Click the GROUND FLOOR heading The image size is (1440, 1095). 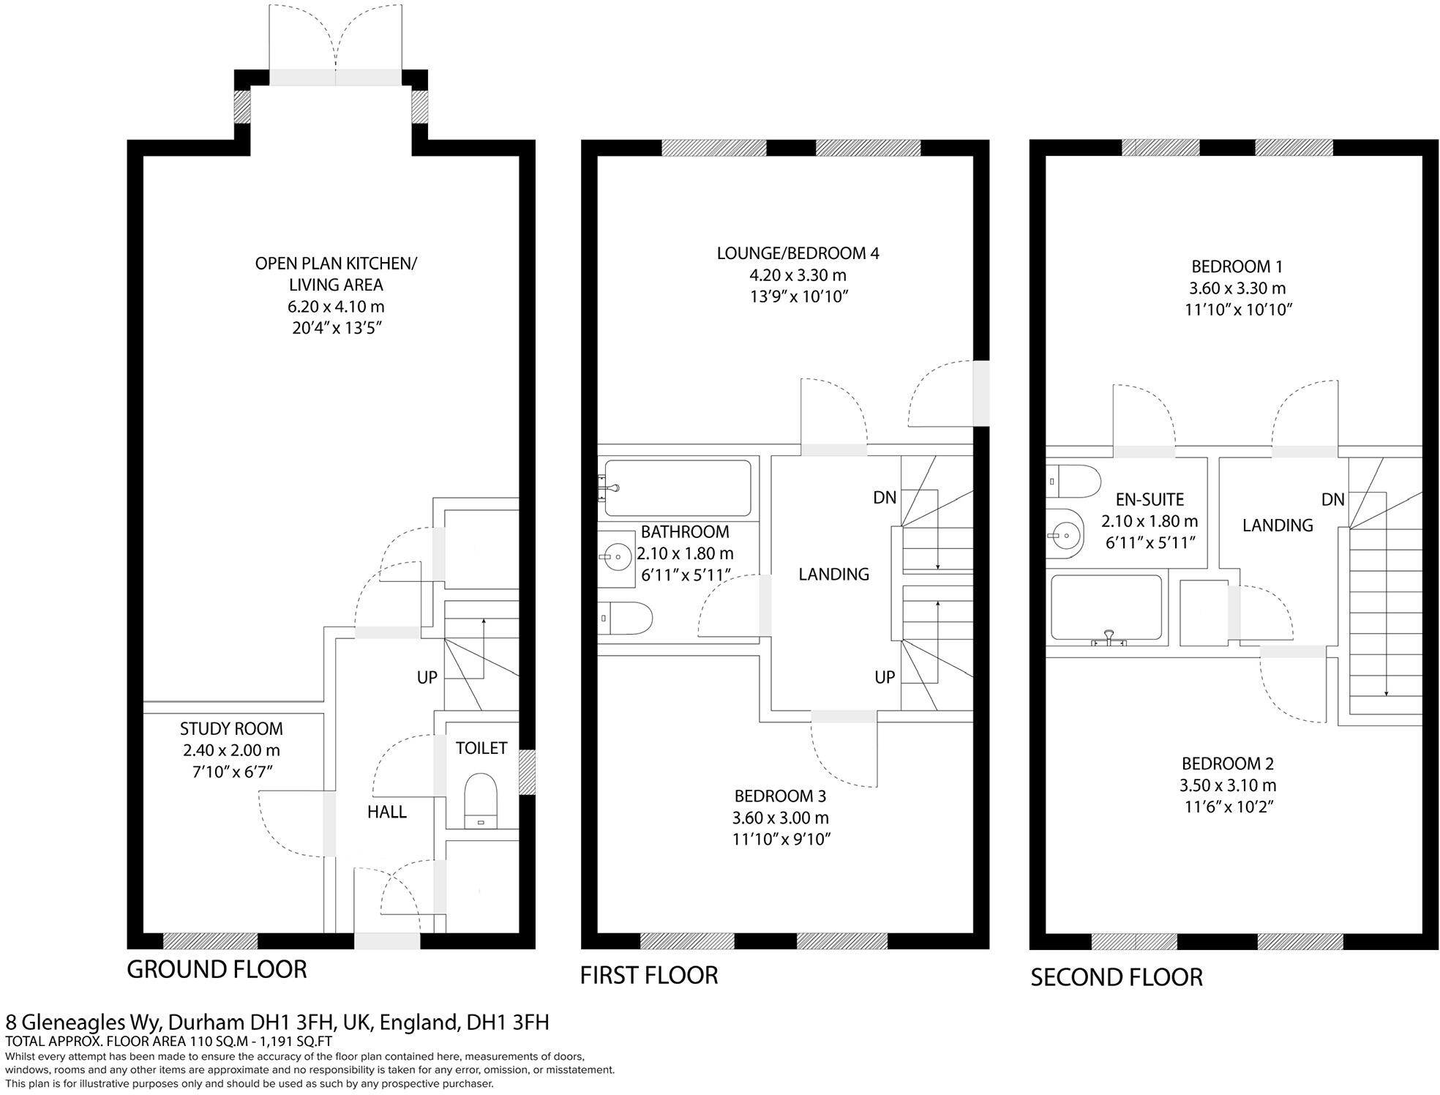point(217,969)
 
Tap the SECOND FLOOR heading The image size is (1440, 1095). point(1116,977)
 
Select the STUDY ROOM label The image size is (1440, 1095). point(231,729)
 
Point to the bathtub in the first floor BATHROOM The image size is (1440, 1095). point(678,488)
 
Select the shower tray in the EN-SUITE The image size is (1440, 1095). point(1106,609)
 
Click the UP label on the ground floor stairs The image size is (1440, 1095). point(427,678)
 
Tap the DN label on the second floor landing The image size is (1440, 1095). point(1332,500)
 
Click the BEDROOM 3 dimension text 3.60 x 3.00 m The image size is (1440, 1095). point(780,818)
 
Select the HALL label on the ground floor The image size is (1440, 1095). point(386,812)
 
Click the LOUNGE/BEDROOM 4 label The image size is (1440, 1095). point(798,254)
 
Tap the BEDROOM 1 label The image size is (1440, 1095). point(1237,266)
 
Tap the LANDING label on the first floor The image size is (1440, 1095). point(833,575)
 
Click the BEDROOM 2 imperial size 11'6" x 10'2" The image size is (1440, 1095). point(1227,807)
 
